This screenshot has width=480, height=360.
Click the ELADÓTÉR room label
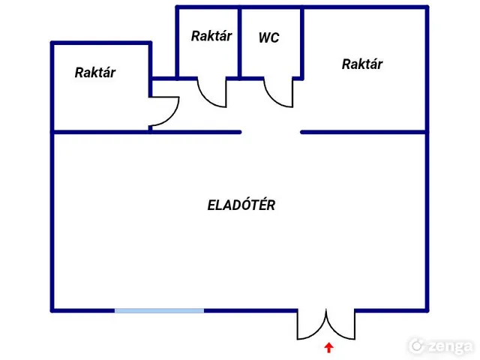(241, 205)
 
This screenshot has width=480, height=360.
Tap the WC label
(268, 37)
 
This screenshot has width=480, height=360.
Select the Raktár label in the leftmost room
(95, 73)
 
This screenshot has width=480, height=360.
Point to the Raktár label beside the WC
(211, 36)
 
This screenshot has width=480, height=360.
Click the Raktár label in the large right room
(362, 64)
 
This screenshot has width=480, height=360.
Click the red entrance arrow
(328, 347)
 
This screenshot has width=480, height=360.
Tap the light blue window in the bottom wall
(159, 310)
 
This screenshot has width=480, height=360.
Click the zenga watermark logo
(441, 346)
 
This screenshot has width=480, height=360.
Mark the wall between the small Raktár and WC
(240, 43)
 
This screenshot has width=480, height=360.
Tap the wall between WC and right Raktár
(302, 43)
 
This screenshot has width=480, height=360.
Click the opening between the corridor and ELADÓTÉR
(271, 132)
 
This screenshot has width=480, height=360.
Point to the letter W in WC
(264, 37)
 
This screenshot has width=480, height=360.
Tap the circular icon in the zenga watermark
(417, 346)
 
